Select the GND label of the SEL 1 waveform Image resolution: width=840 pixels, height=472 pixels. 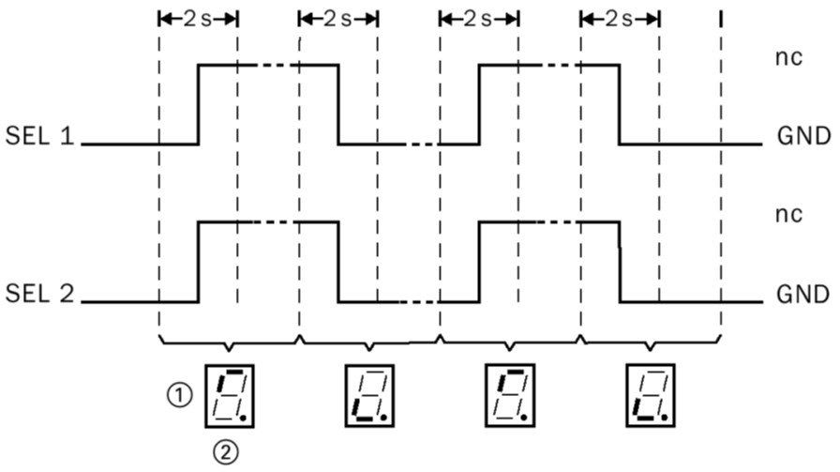pos(803,138)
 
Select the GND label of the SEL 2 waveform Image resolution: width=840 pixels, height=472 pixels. pos(803,296)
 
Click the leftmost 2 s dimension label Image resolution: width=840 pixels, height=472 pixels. pos(198,18)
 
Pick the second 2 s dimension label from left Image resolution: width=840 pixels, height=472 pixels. pos(337,18)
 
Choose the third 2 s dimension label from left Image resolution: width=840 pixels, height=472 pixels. pos(478,18)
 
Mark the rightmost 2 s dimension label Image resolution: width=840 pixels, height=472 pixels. pos(619,18)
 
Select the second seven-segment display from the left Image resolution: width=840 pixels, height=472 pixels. pos(368,395)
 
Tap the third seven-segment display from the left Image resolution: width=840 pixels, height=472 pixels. pos(508,395)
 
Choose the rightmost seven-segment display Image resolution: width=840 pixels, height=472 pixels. pos(649,395)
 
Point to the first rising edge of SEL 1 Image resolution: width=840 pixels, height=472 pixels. pos(198,104)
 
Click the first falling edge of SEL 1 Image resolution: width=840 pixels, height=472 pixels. pos(337,104)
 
